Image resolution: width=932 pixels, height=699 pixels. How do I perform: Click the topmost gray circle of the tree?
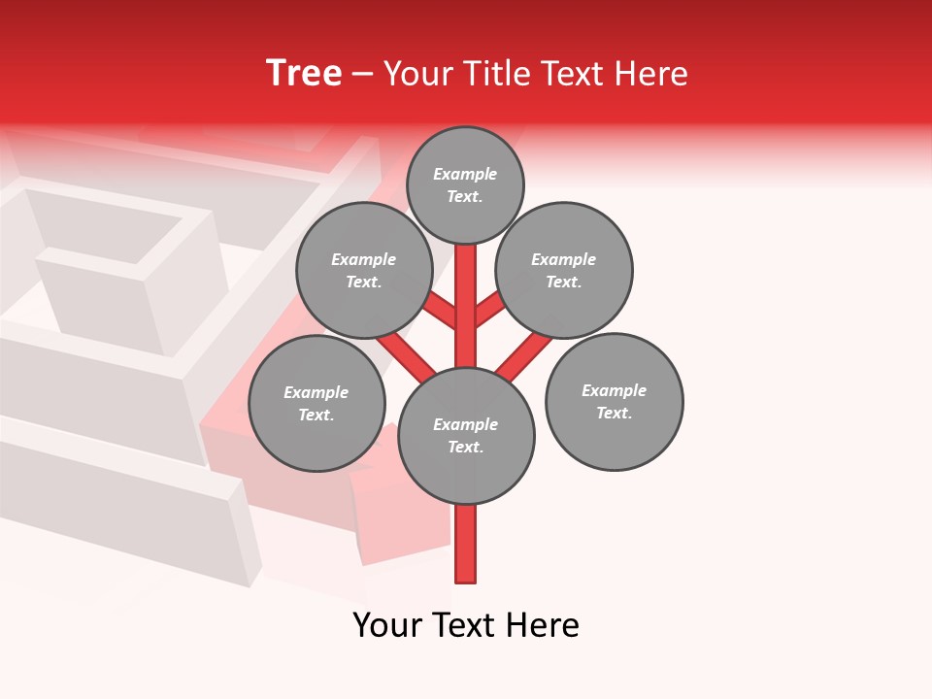465,184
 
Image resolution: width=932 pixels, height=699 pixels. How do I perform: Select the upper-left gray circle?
363,271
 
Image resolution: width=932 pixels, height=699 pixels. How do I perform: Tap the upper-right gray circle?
564,271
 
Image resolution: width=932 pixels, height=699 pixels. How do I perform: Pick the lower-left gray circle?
316,404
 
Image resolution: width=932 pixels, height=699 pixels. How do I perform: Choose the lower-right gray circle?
615,402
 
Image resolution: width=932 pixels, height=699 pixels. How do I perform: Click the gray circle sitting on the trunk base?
466,436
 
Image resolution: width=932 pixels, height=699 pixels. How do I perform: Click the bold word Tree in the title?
304,74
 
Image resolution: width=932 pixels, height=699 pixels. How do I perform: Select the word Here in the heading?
651,74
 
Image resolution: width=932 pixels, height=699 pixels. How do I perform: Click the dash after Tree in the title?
362,75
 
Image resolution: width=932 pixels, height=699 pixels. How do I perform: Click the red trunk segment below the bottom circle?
466,544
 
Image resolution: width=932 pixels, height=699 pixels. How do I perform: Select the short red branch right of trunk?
488,310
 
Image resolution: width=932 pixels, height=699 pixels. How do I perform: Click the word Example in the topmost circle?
465,174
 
